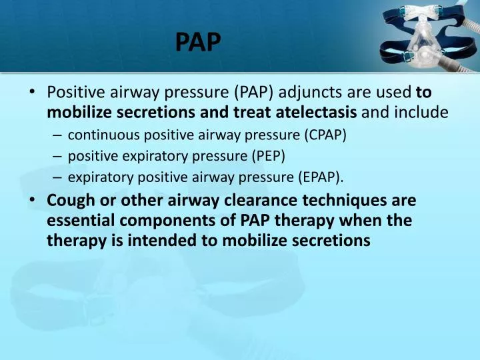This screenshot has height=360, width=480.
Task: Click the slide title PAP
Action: (198, 42)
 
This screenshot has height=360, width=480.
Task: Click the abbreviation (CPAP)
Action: (325, 135)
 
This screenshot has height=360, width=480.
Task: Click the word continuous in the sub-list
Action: (99, 135)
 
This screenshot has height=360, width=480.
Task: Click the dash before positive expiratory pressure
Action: (57, 156)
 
